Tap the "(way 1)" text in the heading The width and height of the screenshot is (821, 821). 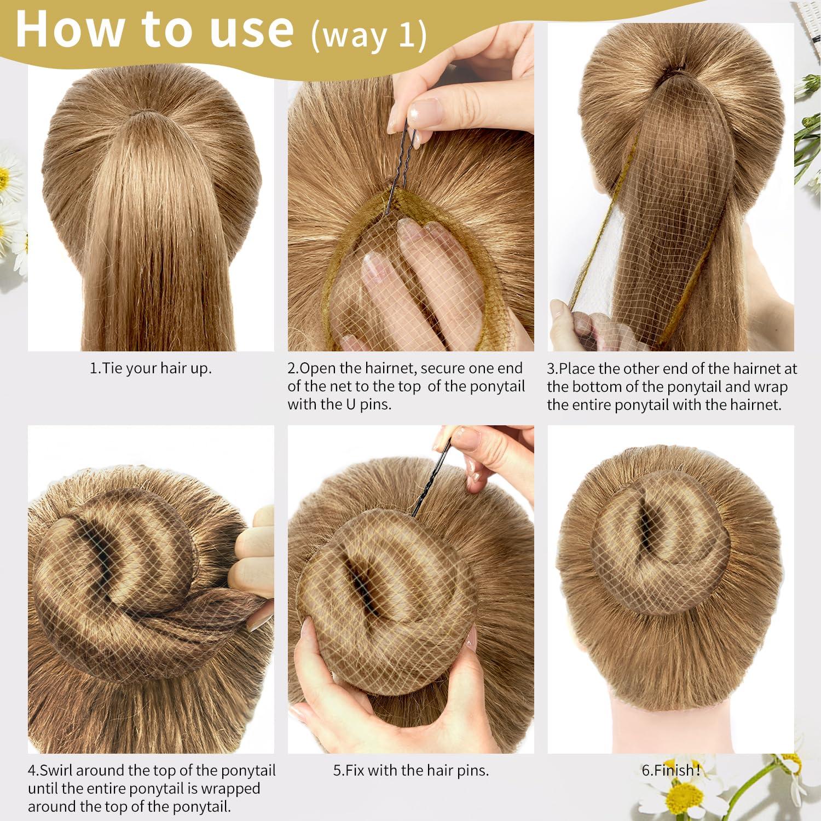point(368,36)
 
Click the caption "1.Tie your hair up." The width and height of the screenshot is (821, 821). point(151,368)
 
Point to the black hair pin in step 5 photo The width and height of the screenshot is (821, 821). point(432,482)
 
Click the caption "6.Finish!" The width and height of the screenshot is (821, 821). point(671,771)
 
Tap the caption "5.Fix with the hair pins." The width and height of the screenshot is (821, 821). point(410,771)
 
